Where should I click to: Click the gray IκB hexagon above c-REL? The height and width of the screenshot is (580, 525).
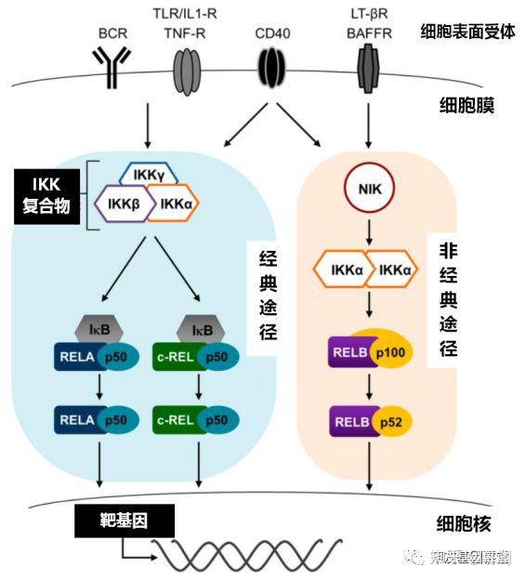[202, 328]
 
